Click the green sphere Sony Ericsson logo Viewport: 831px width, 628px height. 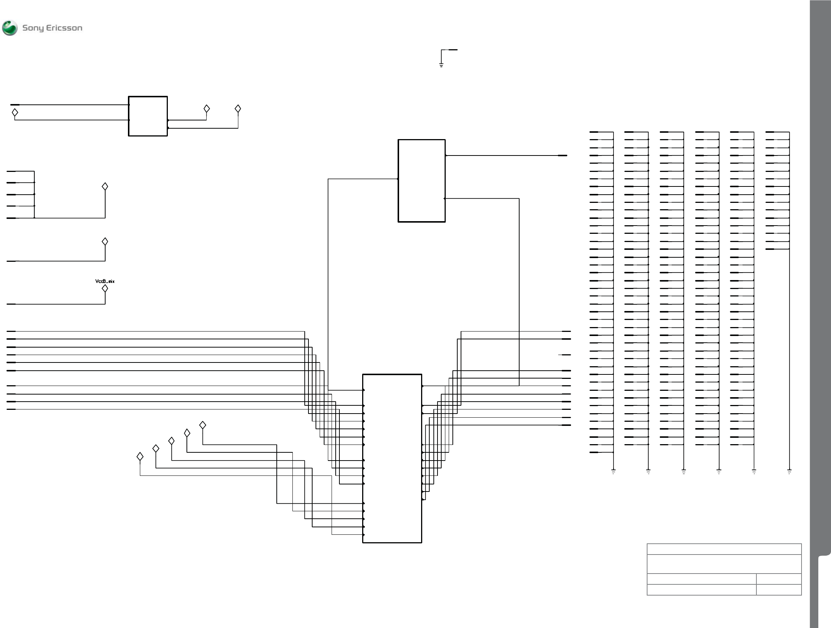10,28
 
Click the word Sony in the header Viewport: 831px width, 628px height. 33,28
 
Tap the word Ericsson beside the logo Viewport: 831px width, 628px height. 64,28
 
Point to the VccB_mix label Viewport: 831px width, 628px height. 105,281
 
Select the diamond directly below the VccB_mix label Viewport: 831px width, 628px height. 105,289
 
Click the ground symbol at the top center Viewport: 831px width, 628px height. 441,65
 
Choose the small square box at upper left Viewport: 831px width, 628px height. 148,116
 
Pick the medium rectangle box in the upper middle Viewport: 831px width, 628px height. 421,180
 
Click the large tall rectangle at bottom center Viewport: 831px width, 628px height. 392,458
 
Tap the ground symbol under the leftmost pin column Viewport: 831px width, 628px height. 613,471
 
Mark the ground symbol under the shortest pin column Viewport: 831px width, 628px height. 789,471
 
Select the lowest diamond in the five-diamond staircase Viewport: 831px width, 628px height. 140,456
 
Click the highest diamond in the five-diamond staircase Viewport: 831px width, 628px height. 203,425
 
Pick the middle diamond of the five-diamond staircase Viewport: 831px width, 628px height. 171,440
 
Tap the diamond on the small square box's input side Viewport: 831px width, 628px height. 15,112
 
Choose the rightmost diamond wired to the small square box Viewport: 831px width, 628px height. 238,109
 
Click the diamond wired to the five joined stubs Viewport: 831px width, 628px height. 105,187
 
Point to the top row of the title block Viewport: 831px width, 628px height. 724,549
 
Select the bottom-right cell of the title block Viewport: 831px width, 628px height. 778,590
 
